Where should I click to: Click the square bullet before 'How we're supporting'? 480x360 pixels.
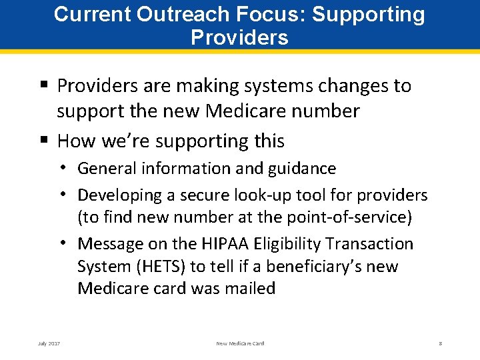[x=45, y=141]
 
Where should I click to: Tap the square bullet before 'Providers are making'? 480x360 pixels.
[x=45, y=85]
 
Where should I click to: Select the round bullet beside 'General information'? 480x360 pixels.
[x=69, y=169]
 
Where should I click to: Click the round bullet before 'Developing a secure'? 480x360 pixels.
[x=69, y=195]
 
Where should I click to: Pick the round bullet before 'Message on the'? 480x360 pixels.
[x=69, y=243]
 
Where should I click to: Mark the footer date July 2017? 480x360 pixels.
[x=49, y=343]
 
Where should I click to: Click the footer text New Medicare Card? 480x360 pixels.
[x=240, y=343]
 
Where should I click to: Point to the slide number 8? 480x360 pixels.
[x=441, y=343]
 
